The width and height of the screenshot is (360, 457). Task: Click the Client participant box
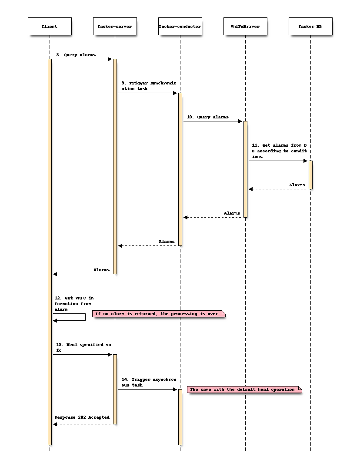pos(50,27)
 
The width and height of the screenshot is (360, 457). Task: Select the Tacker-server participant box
pos(115,27)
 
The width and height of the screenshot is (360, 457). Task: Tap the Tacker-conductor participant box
pos(180,27)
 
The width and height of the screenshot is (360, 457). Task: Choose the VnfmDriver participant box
pos(245,27)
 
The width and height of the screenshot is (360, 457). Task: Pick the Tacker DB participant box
pos(310,27)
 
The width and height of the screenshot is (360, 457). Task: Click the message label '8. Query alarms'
pos(76,55)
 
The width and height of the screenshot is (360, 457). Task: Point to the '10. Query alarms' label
pos(207,117)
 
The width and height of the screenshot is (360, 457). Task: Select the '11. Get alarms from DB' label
pos(279,151)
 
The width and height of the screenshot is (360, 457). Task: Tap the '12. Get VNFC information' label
pos(74,304)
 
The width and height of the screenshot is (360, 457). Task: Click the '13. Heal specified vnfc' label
pos(83,347)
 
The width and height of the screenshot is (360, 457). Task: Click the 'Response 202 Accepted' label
pos(82,417)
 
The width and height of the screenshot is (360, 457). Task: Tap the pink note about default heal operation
pos(244,390)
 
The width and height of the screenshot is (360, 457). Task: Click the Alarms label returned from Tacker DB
pos(297,185)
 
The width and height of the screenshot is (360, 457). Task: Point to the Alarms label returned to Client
pos(101,270)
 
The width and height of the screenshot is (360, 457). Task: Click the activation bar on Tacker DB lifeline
pos(310,175)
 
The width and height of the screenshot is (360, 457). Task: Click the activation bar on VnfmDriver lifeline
pos(245,169)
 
